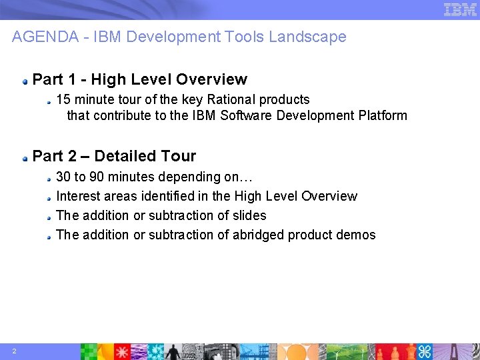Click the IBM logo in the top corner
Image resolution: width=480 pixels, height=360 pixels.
tap(460, 9)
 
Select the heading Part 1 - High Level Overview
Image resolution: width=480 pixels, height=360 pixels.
tap(139, 79)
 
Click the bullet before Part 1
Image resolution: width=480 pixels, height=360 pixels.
tap(25, 81)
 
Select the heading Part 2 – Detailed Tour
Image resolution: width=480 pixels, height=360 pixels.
tap(114, 156)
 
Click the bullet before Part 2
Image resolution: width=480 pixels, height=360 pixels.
tap(25, 157)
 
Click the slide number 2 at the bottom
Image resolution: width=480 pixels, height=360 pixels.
tap(14, 351)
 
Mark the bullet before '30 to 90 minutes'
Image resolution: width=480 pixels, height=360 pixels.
tap(49, 178)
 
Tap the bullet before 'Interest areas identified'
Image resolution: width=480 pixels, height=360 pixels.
tap(49, 197)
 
